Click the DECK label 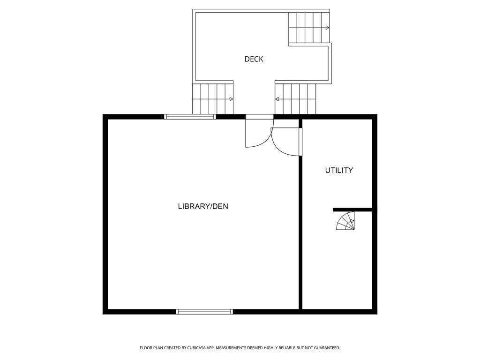point(254,59)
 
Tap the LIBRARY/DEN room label point(203,206)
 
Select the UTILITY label point(339,171)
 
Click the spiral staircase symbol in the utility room point(346,221)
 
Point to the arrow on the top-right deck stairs point(327,28)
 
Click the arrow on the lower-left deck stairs point(231,99)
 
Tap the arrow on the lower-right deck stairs point(277,99)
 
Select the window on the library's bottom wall point(204,311)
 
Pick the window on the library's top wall point(190,117)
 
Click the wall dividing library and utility point(300,234)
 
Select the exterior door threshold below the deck point(260,117)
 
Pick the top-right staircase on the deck point(308,28)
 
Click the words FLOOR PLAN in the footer point(151,348)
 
